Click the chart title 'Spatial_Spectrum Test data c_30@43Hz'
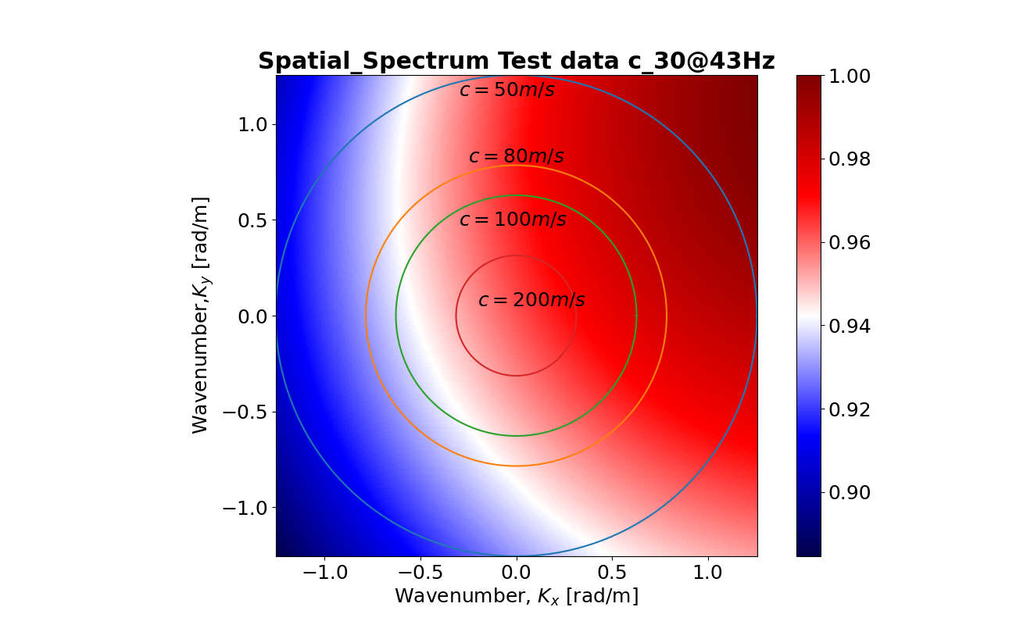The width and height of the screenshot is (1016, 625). pos(516,62)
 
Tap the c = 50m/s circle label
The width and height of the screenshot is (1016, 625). pos(506,90)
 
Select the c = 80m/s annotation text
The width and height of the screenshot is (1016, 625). pos(516,157)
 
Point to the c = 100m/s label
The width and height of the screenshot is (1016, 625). pos(512,220)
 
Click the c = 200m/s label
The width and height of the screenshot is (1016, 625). pos(531,301)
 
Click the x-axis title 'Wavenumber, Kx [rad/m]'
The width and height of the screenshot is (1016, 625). pos(516,596)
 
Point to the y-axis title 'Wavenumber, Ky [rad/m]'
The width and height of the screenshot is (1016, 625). pos(201,316)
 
